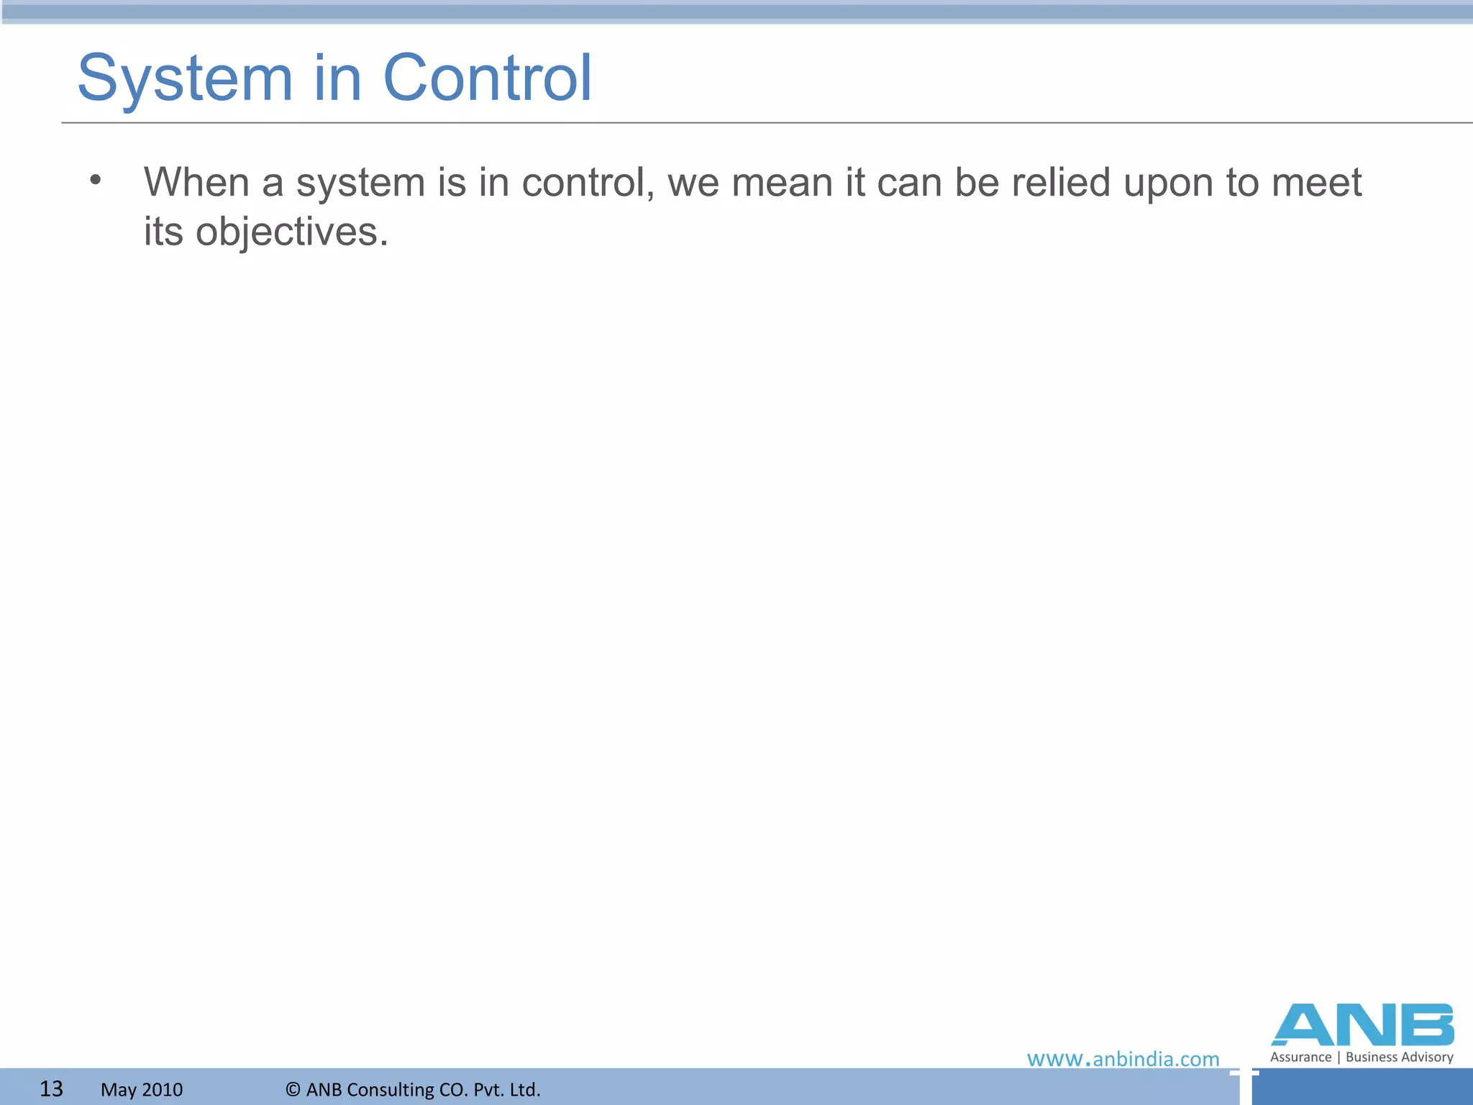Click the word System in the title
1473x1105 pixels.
coord(185,78)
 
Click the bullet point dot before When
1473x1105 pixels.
coord(96,180)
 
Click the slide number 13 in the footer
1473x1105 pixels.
coord(51,1088)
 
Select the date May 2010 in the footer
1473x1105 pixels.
coord(142,1090)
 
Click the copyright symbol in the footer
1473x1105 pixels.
coord(293,1090)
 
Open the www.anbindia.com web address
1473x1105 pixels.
coord(1123,1059)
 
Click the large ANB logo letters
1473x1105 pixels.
coord(1362,1025)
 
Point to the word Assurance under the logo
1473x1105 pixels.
coord(1300,1057)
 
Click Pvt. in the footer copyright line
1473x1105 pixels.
coord(487,1090)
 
